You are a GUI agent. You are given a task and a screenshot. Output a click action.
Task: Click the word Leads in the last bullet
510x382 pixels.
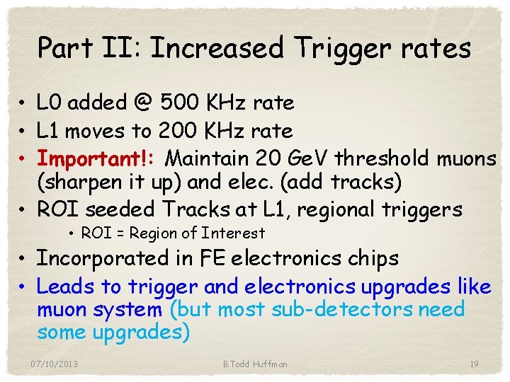(64, 286)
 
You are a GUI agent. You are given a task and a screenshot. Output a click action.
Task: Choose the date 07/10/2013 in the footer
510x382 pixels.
(55, 364)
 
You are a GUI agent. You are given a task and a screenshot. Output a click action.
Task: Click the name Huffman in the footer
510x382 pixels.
(270, 364)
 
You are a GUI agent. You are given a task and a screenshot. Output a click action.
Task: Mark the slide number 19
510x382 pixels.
(474, 364)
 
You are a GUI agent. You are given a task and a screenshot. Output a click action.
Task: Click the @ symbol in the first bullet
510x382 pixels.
(144, 103)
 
